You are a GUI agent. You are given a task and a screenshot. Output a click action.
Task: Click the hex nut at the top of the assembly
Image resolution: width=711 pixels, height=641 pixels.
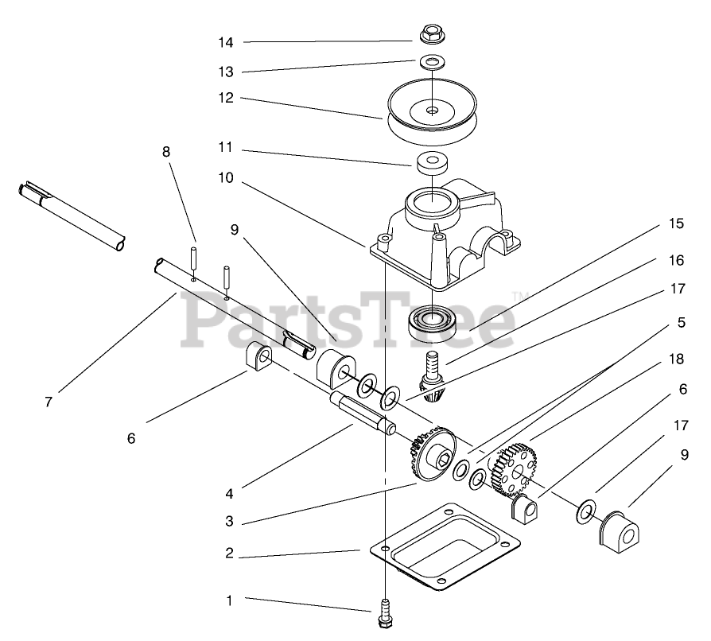(x=431, y=35)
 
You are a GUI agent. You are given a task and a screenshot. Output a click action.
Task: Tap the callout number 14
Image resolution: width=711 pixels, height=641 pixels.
(x=227, y=41)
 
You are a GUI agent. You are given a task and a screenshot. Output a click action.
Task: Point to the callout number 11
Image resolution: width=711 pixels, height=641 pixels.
(x=227, y=148)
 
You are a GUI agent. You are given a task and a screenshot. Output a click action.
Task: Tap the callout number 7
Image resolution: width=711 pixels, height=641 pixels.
(x=49, y=402)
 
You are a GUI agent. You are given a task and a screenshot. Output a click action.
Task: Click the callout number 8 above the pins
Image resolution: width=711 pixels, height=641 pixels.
(x=166, y=152)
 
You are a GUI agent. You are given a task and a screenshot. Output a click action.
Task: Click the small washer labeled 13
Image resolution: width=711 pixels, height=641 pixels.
(x=432, y=61)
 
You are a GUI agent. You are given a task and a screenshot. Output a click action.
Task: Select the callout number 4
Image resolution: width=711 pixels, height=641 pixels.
(x=229, y=493)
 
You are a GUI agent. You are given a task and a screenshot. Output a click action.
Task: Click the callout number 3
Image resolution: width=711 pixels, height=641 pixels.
(x=229, y=522)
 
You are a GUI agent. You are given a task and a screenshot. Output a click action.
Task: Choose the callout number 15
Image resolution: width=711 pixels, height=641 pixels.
(x=676, y=223)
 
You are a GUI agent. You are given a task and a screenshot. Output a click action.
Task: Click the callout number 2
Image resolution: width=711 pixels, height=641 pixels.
(x=229, y=554)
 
